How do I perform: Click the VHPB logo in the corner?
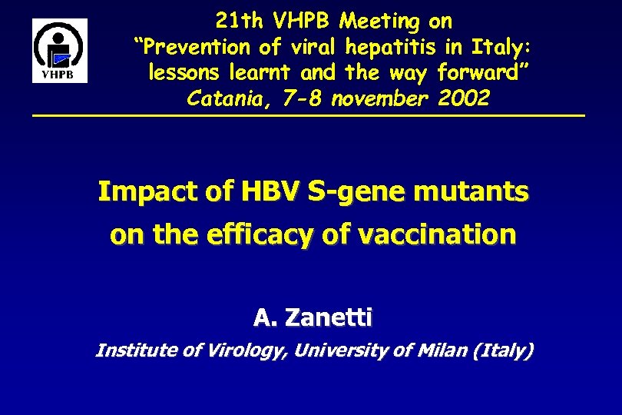click(59, 51)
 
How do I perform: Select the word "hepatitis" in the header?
click(392, 47)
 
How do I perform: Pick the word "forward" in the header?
click(482, 73)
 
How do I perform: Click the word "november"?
click(372, 99)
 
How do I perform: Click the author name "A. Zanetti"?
click(313, 316)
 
